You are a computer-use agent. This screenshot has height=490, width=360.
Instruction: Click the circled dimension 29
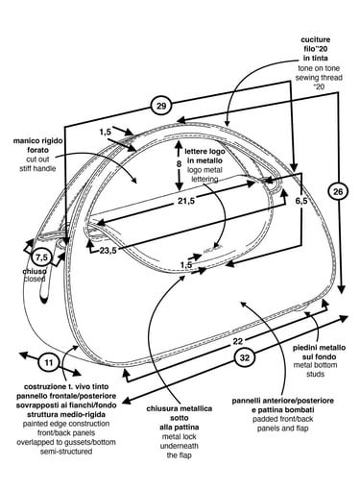coord(160,106)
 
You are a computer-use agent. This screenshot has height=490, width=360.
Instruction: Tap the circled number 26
coord(338,191)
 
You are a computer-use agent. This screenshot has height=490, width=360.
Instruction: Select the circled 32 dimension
coord(244,357)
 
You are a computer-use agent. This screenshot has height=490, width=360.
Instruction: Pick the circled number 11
coord(49,362)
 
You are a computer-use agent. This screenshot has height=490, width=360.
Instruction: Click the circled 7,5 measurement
coord(42,257)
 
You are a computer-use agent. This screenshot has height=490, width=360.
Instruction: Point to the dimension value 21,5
coord(186,201)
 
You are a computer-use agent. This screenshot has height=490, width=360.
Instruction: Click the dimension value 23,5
coord(108,250)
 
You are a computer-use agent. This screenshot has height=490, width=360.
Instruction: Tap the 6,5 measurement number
coord(301,201)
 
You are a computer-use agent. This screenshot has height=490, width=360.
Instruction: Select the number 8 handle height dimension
coord(179,163)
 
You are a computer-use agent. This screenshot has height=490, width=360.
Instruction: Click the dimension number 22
coord(238,341)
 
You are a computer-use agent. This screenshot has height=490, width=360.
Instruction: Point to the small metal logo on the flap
coord(212,247)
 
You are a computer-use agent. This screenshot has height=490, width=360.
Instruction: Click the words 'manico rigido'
coord(38,141)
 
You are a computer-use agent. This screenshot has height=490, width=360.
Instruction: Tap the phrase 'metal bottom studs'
coord(315,369)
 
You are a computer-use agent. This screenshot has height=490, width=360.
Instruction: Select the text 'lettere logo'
coord(204,151)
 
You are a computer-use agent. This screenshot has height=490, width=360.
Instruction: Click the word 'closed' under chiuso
coord(35,279)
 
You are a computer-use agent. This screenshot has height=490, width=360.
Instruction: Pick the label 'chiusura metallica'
coord(180,408)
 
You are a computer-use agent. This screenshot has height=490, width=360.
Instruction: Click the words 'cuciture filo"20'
coord(316,44)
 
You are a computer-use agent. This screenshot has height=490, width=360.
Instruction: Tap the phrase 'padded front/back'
coord(283,419)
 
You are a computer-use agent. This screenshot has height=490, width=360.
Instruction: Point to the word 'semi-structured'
coord(66,452)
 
